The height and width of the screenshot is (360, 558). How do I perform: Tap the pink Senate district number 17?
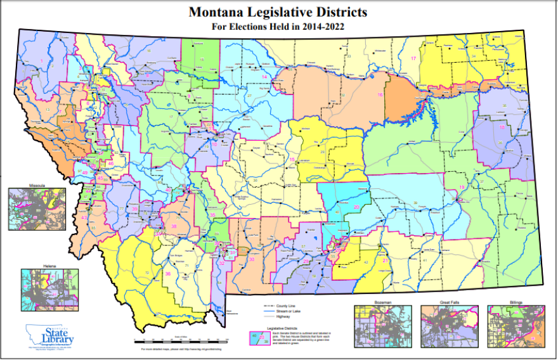click(x=413, y=58)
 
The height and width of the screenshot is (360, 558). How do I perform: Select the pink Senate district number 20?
click(x=356, y=207)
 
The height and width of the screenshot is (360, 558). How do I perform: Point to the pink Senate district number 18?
click(x=502, y=127)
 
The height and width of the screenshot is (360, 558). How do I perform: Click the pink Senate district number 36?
click(x=168, y=274)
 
